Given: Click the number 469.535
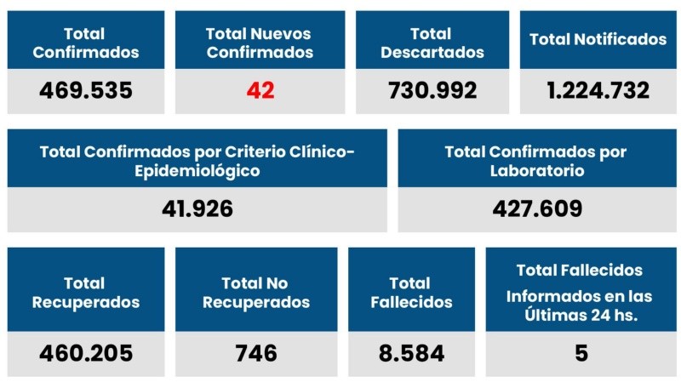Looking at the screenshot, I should tap(86, 90).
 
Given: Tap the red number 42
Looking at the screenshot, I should tap(260, 90).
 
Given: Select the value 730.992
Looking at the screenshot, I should tap(432, 90).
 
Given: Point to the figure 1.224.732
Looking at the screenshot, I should tap(598, 90).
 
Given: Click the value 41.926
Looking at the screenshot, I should tap(197, 208).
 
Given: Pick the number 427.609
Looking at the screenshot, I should tap(537, 208).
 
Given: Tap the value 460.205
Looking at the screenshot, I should tap(86, 353).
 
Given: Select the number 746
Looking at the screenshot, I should tap(256, 353).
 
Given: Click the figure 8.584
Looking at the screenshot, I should tap(411, 353).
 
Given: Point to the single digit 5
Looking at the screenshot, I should tap(581, 353).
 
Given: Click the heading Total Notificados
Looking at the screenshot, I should tap(598, 39).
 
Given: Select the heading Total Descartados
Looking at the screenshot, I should tap(432, 43).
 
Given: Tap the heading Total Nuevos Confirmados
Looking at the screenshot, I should tap(260, 43).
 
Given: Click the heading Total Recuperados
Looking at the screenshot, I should tap(86, 293).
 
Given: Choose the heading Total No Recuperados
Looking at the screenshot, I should tap(256, 293).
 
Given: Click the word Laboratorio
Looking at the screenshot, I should tap(536, 170).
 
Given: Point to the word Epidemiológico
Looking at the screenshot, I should tap(197, 170).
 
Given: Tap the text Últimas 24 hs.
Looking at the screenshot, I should tap(581, 314).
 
